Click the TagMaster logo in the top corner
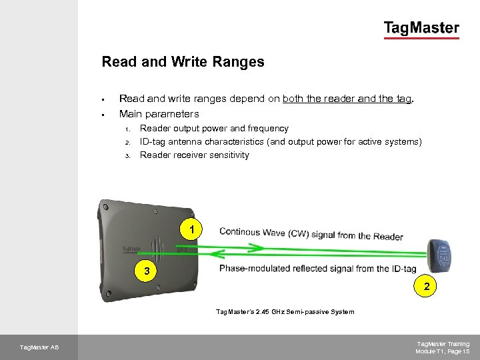tap(421, 30)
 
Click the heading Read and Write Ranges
tap(183, 61)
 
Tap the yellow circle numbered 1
tap(191, 229)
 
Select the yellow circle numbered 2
tap(425, 286)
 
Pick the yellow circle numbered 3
tap(146, 271)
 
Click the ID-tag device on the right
tap(439, 255)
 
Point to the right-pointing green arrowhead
tap(257, 247)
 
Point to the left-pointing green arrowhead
tap(218, 253)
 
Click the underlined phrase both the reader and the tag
tap(347, 99)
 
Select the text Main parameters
tap(159, 114)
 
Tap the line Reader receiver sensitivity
tap(195, 155)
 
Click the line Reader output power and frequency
tap(214, 128)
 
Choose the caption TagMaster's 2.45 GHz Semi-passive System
tap(285, 311)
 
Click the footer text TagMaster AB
tap(39, 347)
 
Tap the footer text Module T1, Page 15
tap(443, 351)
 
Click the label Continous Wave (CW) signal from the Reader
tap(311, 234)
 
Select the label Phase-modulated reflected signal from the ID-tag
tap(318, 269)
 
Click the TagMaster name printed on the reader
tap(131, 249)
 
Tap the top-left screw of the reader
tap(105, 207)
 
